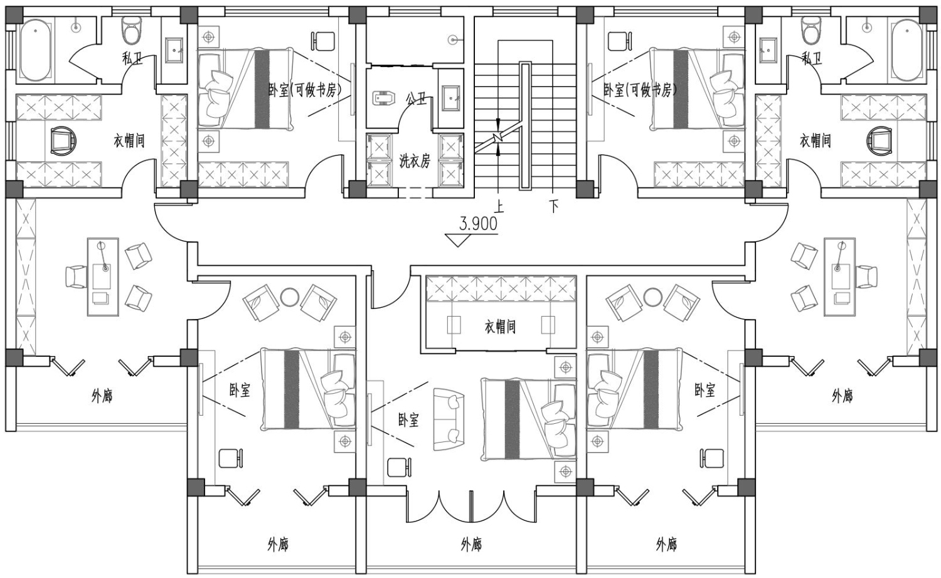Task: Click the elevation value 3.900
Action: click(x=478, y=224)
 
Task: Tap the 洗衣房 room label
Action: click(x=415, y=160)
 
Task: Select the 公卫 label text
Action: click(x=416, y=100)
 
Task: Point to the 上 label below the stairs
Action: click(x=499, y=206)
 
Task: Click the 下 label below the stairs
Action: click(x=553, y=206)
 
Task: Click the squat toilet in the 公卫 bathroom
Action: click(x=384, y=99)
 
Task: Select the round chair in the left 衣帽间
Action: click(x=63, y=140)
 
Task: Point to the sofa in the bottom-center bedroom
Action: click(x=449, y=419)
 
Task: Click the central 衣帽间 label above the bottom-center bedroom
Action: click(x=501, y=327)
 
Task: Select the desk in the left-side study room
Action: click(x=103, y=276)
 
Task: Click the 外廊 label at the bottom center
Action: click(x=471, y=545)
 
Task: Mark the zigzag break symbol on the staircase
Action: click(x=498, y=137)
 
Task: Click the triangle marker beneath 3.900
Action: click(x=458, y=239)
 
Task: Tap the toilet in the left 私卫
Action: click(x=130, y=31)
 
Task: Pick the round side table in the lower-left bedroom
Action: click(x=289, y=297)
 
